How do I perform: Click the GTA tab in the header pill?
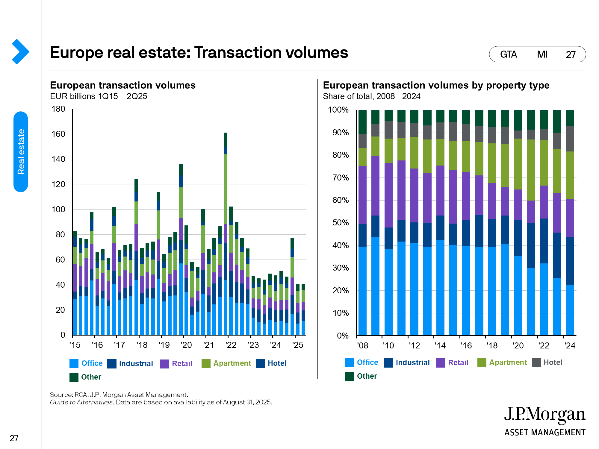(x=508, y=54)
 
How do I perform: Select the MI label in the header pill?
(x=542, y=54)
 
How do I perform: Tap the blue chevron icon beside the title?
(x=20, y=51)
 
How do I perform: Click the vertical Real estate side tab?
(x=21, y=151)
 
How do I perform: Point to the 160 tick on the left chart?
(x=58, y=134)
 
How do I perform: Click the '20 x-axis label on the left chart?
(x=186, y=345)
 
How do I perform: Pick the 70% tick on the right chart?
(x=341, y=178)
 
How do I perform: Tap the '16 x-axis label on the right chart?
(x=466, y=346)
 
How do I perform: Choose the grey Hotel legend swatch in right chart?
(x=536, y=362)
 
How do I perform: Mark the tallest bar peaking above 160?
(x=226, y=233)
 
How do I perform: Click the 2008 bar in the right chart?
(x=362, y=223)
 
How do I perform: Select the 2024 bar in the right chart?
(x=570, y=223)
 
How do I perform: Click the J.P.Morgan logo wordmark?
(x=544, y=415)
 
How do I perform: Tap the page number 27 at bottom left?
(x=14, y=438)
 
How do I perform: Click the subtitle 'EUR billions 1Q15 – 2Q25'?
(x=99, y=96)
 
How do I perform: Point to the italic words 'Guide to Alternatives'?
(x=81, y=402)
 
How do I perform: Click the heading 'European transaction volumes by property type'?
(x=436, y=85)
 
